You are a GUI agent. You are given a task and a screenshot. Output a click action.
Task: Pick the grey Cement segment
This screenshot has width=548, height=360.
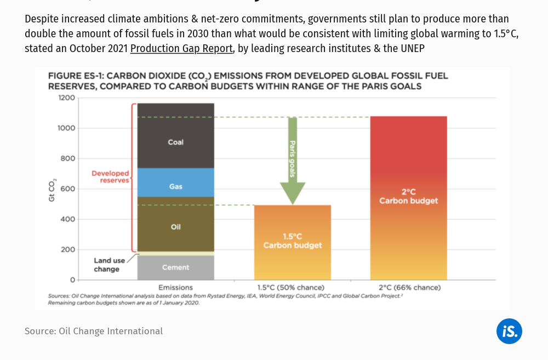175,267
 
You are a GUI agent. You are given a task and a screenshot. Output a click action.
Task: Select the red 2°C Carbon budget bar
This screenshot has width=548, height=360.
408,197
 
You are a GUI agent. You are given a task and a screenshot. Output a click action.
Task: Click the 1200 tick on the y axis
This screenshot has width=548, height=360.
66,98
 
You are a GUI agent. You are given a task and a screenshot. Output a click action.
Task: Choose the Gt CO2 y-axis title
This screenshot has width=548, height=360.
53,189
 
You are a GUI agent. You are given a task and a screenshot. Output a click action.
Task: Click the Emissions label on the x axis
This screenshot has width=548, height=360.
175,287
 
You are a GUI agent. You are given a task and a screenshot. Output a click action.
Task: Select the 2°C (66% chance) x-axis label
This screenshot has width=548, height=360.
409,287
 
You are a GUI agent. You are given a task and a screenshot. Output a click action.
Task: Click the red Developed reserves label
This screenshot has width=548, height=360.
111,176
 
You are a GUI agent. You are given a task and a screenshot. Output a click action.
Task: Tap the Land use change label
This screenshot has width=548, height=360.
107,265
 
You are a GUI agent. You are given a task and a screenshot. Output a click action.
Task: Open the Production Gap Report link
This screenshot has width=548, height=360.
181,48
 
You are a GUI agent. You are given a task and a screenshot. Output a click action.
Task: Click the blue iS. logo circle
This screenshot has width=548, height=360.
509,331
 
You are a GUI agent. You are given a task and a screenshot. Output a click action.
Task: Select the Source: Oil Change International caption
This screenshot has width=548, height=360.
94,331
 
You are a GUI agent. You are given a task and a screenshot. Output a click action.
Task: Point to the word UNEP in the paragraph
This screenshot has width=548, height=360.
412,48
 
